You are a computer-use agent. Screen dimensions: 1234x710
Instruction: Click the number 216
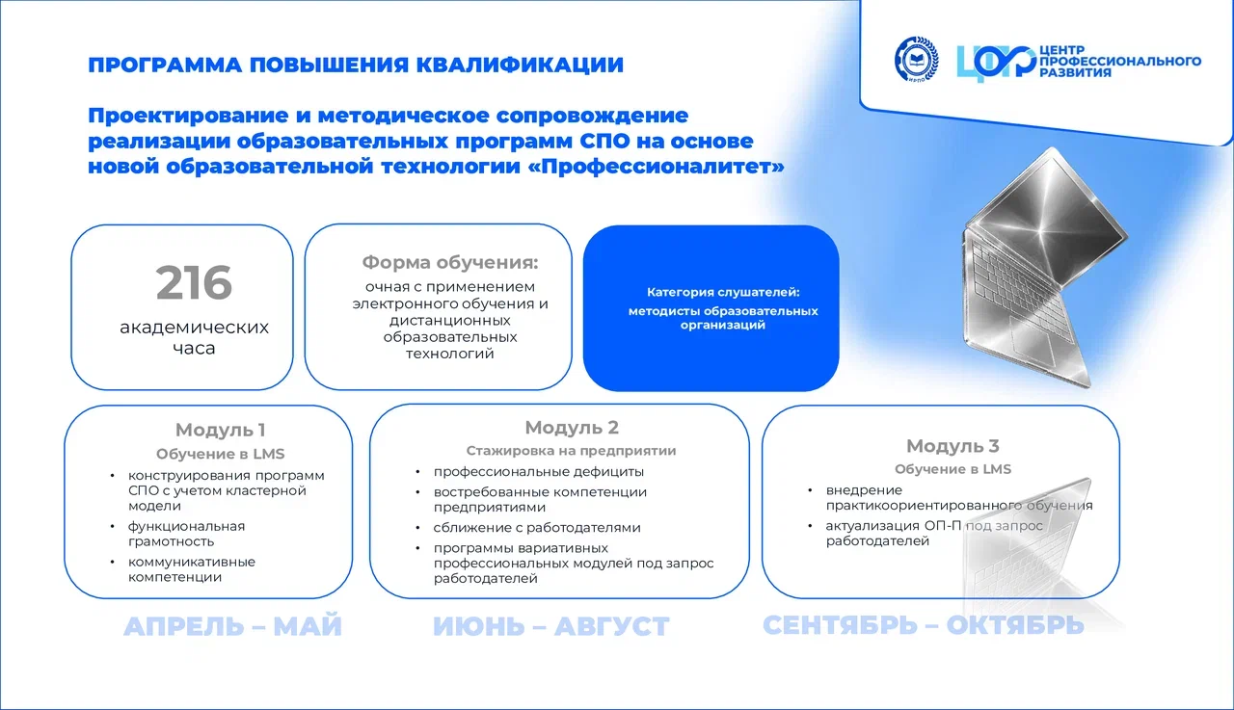194,283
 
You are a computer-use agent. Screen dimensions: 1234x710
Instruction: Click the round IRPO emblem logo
917,60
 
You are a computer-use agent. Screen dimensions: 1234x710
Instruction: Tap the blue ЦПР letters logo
996,64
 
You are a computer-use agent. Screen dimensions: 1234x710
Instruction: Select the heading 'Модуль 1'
221,430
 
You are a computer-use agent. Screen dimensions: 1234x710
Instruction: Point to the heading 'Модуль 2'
572,427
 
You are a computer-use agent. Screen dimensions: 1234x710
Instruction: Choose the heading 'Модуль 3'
952,446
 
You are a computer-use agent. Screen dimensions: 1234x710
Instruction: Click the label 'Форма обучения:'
449,263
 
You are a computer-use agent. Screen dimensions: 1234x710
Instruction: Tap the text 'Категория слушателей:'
723,292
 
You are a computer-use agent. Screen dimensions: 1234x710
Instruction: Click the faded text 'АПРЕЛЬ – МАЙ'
232,626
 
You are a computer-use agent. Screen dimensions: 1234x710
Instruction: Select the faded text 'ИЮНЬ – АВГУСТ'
550,626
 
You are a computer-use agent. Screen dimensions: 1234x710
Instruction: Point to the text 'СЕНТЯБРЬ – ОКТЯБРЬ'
924,625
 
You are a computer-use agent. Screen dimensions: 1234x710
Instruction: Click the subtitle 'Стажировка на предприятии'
572,451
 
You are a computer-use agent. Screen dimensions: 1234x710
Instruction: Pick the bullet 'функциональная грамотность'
186,534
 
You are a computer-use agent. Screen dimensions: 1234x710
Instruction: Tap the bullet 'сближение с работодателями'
537,528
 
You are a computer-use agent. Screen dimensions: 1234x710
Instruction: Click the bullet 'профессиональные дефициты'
539,472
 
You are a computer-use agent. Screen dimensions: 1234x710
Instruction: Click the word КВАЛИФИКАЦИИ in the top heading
520,65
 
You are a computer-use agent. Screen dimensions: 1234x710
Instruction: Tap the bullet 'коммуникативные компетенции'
192,569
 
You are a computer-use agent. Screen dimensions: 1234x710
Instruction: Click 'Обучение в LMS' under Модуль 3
952,469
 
